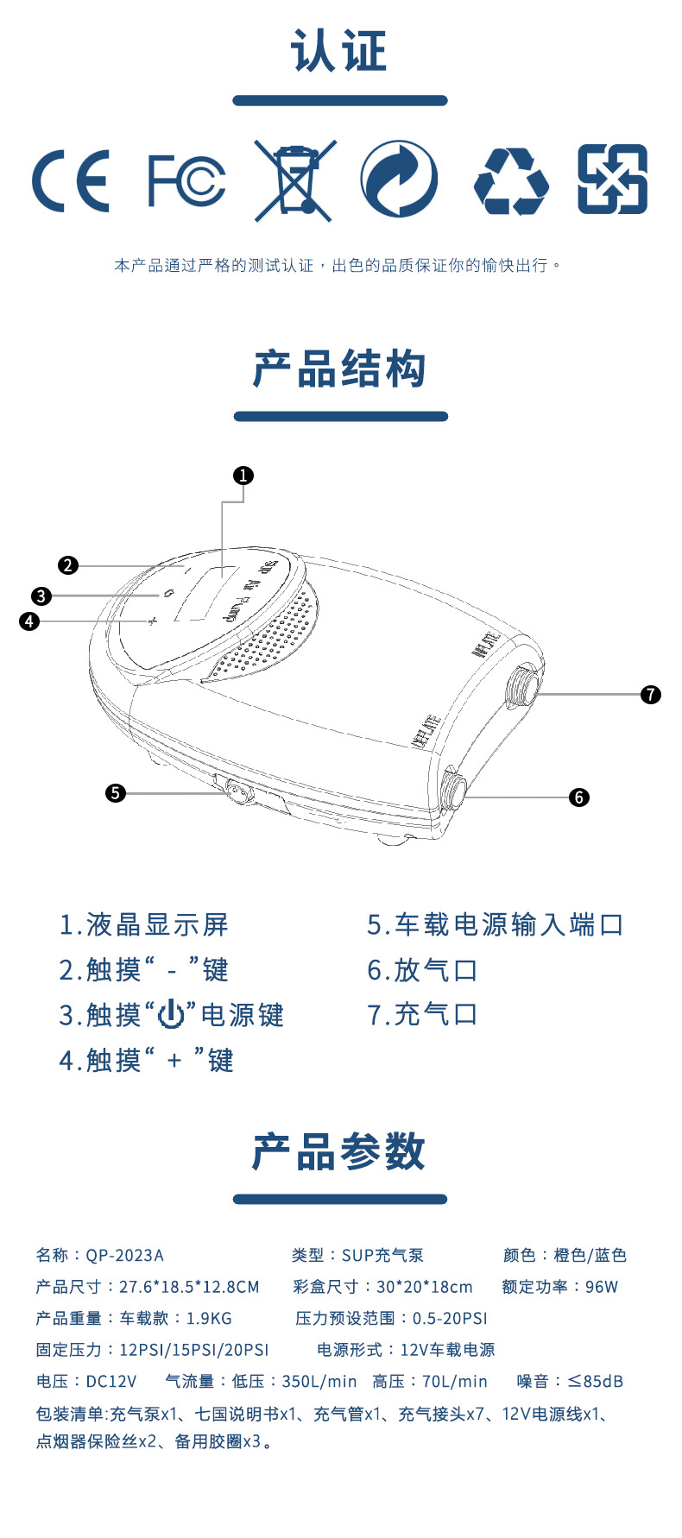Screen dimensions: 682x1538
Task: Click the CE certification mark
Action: [x=71, y=180]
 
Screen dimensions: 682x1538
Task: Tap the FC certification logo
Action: [x=186, y=180]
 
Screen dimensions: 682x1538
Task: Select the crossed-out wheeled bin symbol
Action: [x=294, y=180]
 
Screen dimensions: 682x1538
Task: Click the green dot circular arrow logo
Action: [x=398, y=180]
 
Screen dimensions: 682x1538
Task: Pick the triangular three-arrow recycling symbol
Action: [x=511, y=180]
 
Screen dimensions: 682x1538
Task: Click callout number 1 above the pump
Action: [x=243, y=476]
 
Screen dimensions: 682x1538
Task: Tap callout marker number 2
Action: [x=68, y=565]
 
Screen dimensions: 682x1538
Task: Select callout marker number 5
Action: [x=115, y=792]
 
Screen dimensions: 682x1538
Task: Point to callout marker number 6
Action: [x=579, y=797]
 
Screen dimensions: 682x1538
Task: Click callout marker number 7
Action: [x=651, y=694]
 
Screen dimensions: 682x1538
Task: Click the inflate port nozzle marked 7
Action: [x=525, y=685]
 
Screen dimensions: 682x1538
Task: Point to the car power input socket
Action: [x=235, y=791]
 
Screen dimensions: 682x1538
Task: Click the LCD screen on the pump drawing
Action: [x=205, y=593]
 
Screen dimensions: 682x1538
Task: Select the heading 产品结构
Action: [x=340, y=369]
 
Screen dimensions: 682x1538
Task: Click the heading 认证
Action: [x=340, y=51]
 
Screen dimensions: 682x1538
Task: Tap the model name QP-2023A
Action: [x=125, y=1255]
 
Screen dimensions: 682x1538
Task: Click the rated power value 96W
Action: [x=602, y=1287]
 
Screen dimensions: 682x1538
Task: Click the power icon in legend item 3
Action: [x=172, y=1015]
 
